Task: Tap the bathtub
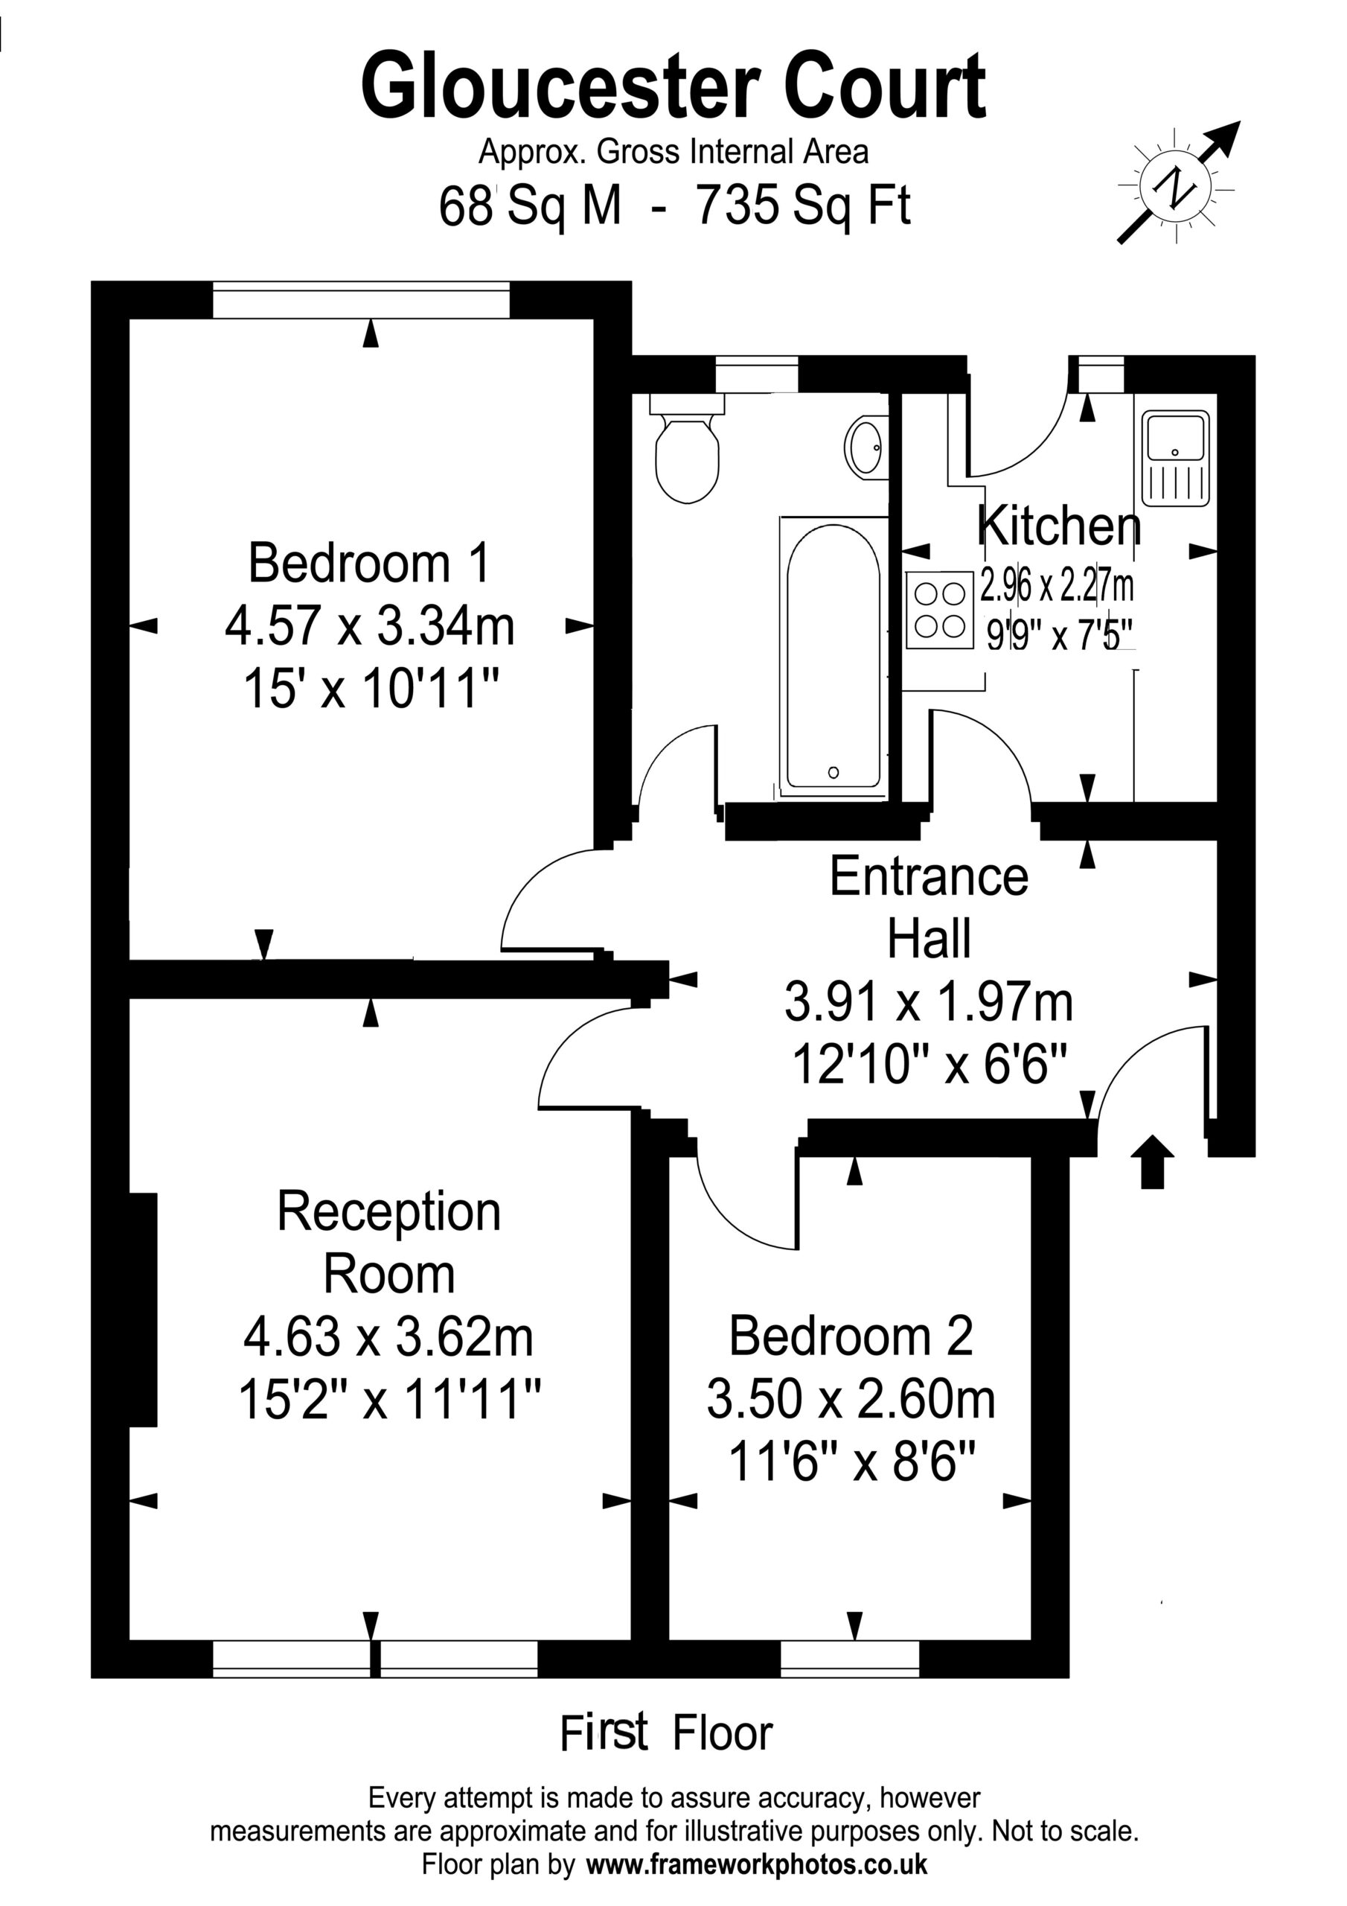coord(834,656)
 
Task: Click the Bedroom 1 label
coord(369,562)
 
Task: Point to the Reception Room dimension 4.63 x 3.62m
coord(388,1337)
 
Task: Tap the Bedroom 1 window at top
coord(361,300)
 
